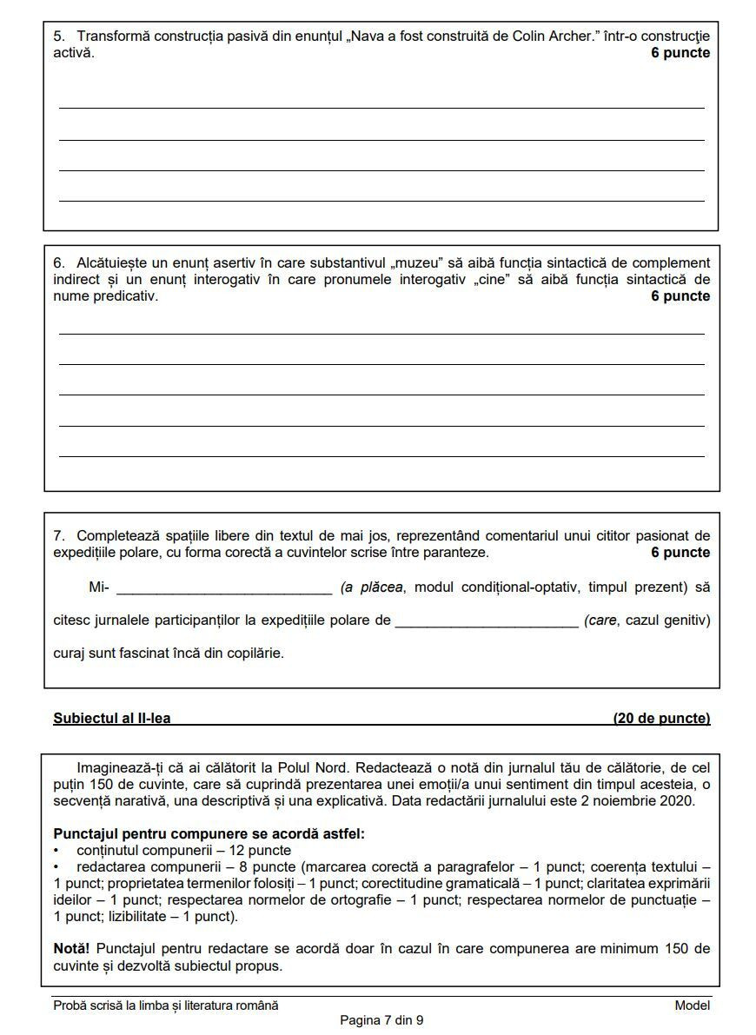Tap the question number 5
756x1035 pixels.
click(x=58, y=36)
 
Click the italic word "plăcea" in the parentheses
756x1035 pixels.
click(x=383, y=587)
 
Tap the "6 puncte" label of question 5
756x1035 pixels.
click(x=680, y=53)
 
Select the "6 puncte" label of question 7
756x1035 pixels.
click(x=680, y=553)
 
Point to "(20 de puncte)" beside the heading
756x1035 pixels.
click(x=661, y=718)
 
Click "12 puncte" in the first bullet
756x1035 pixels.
click(x=257, y=850)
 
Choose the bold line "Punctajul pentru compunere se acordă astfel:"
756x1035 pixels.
click(x=209, y=833)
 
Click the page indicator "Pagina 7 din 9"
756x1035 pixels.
click(x=381, y=1020)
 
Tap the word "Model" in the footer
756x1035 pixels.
click(x=692, y=1005)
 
